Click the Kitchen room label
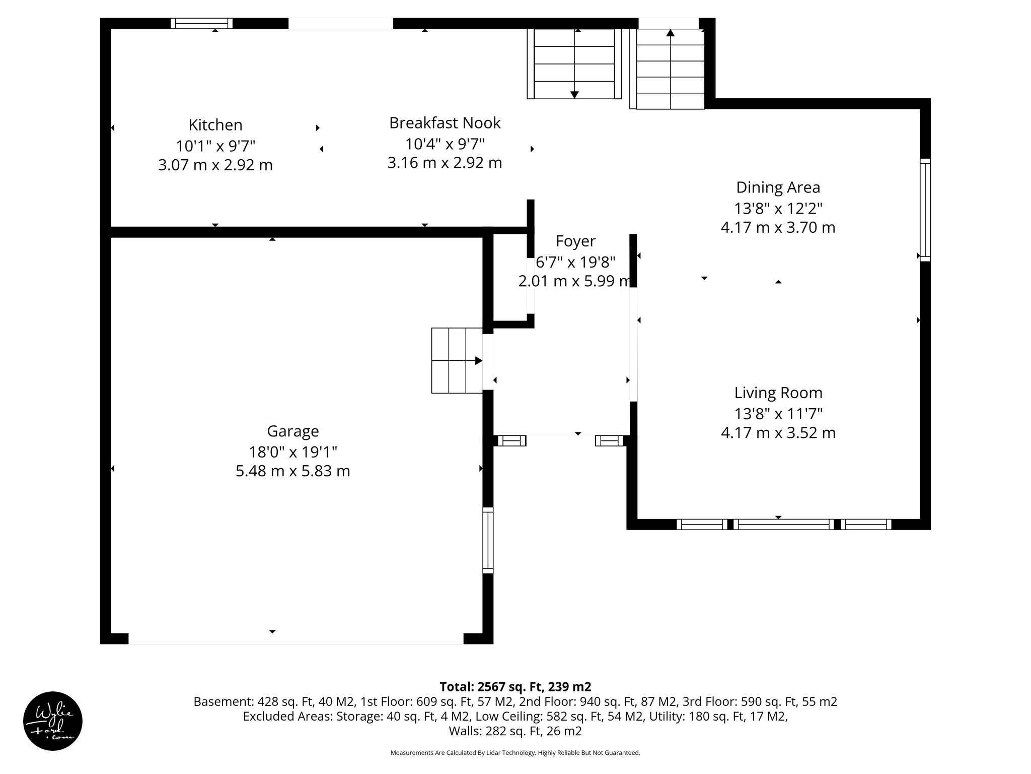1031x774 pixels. [215, 125]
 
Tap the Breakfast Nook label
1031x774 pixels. [445, 123]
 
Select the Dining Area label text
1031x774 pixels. [778, 187]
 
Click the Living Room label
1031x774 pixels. [778, 393]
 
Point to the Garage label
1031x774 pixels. [292, 431]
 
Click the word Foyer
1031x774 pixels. [575, 241]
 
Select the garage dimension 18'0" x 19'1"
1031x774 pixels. [292, 451]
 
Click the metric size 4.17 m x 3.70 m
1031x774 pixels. [778, 227]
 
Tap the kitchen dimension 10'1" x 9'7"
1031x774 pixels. [215, 146]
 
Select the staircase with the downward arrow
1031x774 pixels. [574, 63]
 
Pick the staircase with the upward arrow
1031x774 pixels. [670, 69]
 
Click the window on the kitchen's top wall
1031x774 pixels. [201, 23]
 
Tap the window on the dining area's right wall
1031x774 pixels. [925, 210]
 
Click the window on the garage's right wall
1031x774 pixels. [488, 540]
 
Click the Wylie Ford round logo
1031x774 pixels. [53, 721]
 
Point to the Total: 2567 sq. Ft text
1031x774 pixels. [515, 687]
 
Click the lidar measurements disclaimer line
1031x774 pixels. [515, 753]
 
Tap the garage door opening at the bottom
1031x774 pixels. [296, 638]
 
